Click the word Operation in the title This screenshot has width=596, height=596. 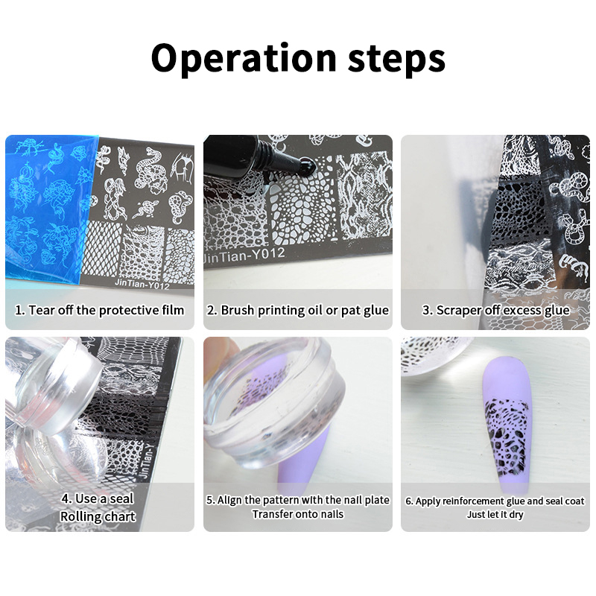244,58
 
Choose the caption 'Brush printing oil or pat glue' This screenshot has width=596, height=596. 297,310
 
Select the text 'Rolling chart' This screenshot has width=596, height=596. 98,516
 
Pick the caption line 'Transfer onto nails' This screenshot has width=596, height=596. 297,514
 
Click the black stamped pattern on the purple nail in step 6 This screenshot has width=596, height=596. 505,437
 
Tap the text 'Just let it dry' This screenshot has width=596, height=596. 495,514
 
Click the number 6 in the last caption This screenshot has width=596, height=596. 408,501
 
